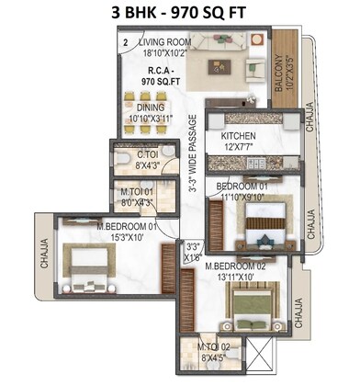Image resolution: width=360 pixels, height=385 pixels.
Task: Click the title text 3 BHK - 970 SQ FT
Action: pos(179,14)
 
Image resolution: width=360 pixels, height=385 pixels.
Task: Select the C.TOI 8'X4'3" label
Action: pos(147,160)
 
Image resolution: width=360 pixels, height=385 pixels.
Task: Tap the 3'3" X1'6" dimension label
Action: pos(193,252)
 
